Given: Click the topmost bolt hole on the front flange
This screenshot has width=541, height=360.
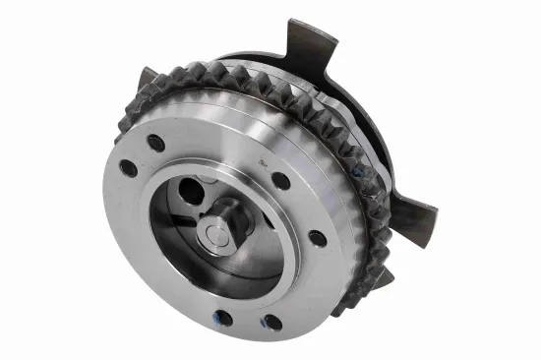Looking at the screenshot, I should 156,144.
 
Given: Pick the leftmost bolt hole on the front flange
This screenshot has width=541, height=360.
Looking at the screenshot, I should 129,168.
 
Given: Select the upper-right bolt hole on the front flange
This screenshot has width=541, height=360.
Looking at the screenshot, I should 280,181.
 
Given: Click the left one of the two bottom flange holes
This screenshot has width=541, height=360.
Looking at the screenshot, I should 225,317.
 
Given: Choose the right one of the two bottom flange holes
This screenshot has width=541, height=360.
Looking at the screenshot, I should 272,322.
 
